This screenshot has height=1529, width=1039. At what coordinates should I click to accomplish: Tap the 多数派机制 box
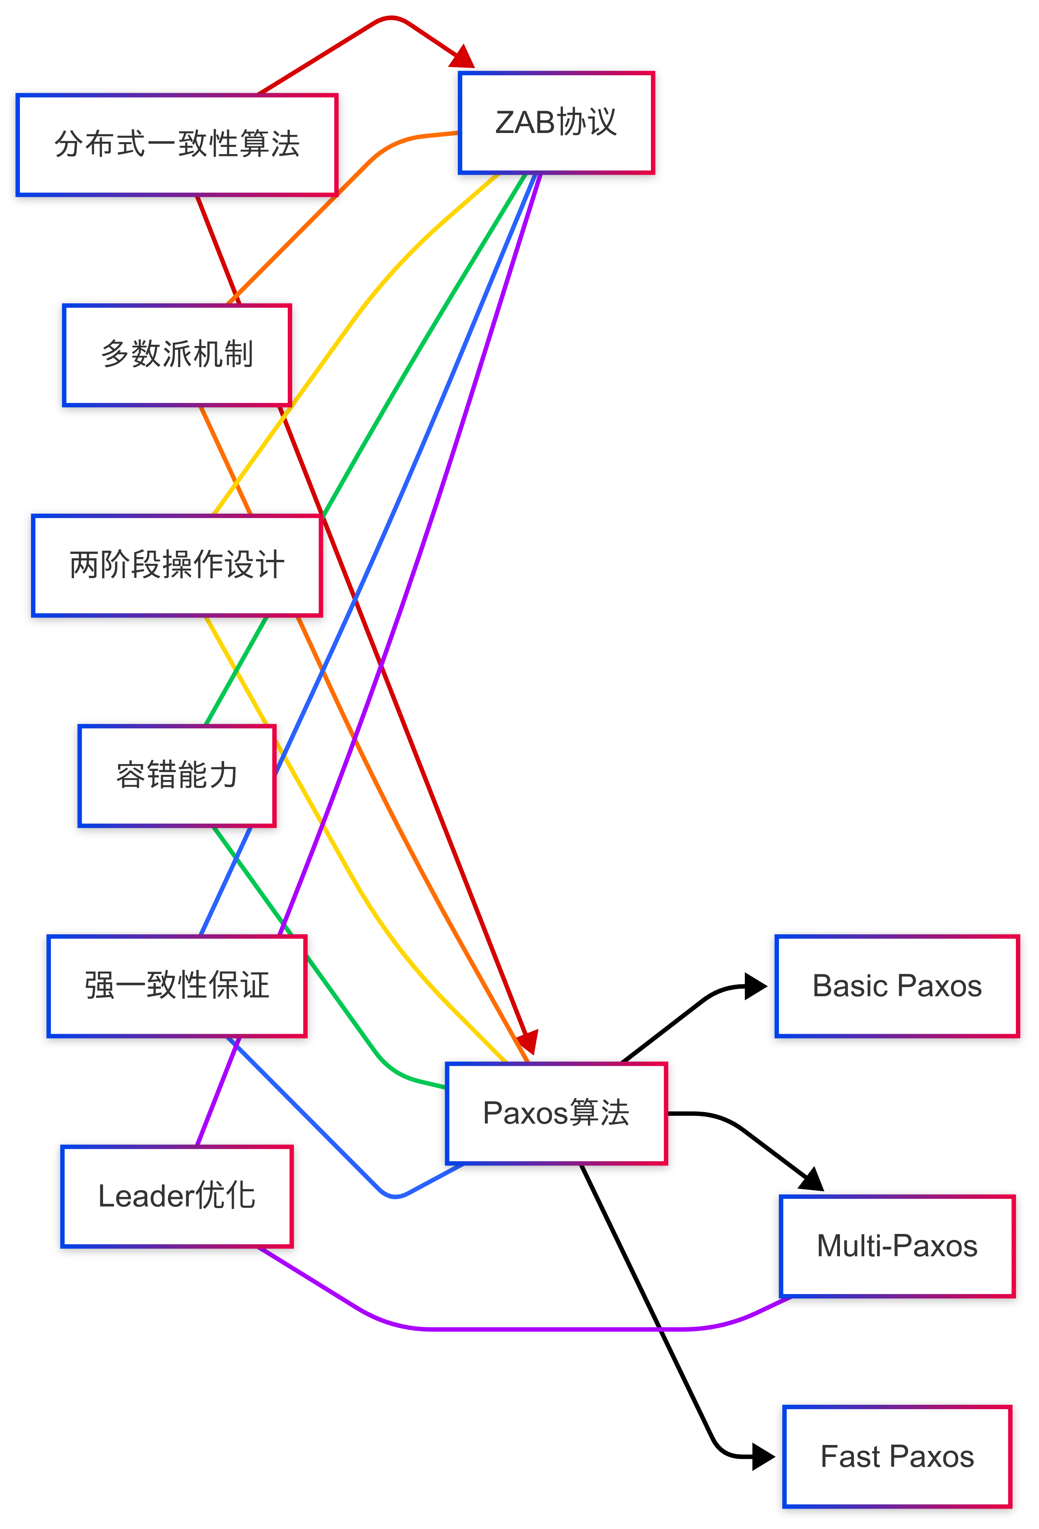point(176,355)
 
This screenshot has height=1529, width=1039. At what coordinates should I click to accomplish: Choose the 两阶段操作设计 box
point(176,565)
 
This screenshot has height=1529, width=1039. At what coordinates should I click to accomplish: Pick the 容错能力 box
point(176,775)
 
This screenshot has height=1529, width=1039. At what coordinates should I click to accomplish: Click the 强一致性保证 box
point(176,985)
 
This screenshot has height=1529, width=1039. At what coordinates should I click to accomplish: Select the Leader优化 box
point(176,1195)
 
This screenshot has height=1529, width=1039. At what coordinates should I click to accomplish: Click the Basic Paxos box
point(896,985)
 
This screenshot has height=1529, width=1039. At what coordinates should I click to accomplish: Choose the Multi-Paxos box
point(896,1245)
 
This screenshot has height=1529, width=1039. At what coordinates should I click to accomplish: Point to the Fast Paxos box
point(896,1456)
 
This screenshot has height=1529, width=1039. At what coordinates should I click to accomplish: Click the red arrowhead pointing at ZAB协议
point(462,57)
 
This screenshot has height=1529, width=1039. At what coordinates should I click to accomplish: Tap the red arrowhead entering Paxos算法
point(528,1042)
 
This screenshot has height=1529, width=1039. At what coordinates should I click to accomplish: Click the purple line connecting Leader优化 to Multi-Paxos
point(526,1329)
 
